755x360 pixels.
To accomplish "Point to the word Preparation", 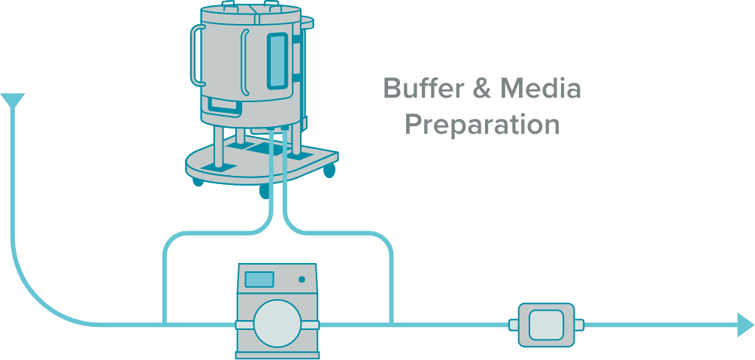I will (482, 124).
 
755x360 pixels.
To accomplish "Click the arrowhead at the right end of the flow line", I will (744, 325).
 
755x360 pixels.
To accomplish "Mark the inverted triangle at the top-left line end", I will (13, 100).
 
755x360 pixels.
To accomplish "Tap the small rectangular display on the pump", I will (259, 279).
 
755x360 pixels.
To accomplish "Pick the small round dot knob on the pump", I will (302, 279).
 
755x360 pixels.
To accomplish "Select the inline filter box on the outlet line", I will (547, 325).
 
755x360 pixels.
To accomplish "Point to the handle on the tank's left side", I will (197, 54).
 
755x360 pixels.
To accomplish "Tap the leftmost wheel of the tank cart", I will (198, 181).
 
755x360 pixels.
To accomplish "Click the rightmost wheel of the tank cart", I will (329, 172).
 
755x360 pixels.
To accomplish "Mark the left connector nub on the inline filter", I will (514, 325).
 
